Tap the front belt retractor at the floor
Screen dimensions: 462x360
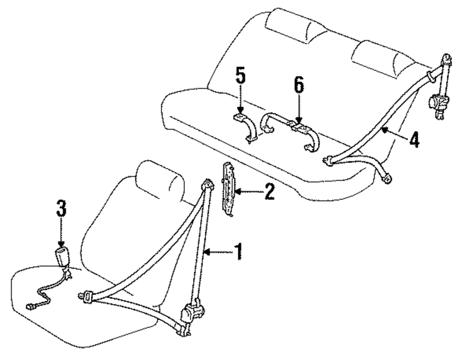[x=192, y=314]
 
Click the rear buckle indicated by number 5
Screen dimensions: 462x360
[x=241, y=118]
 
